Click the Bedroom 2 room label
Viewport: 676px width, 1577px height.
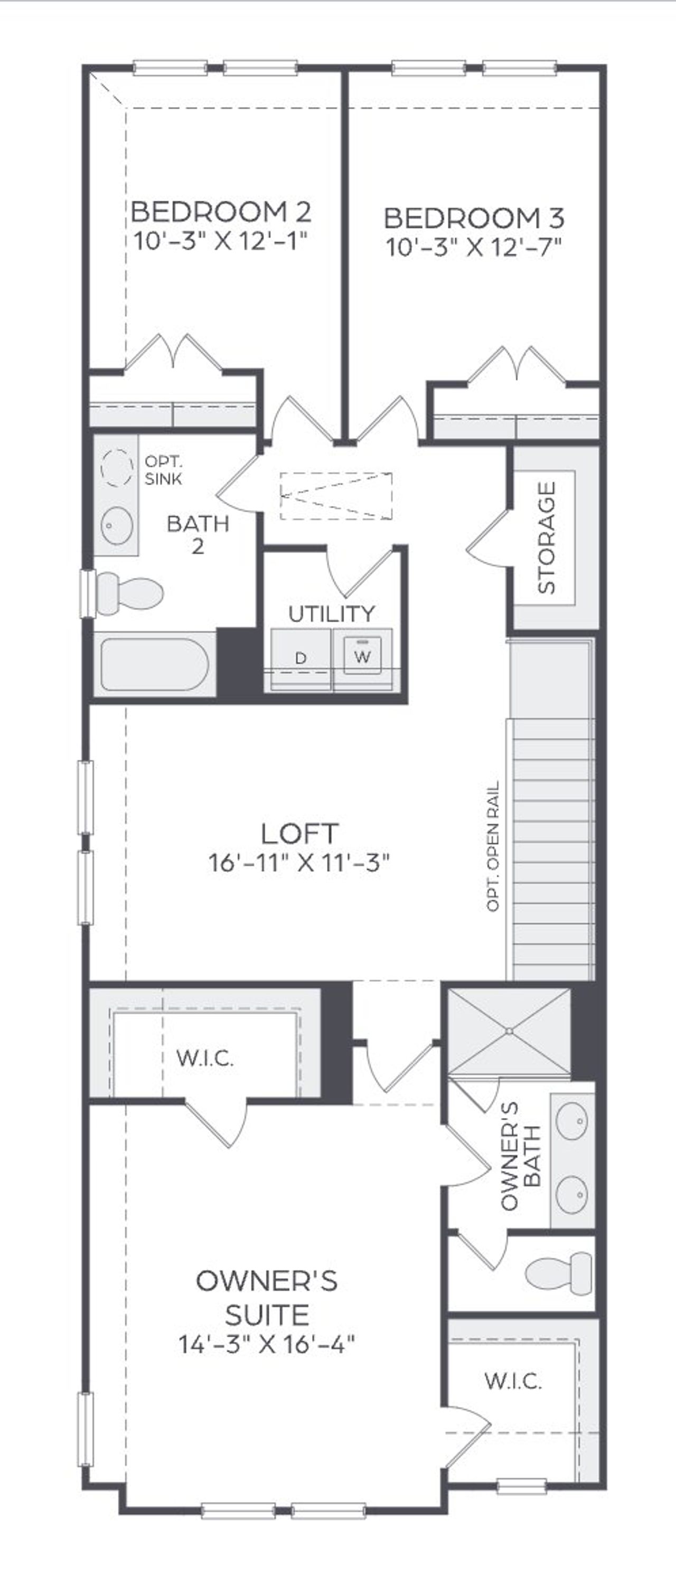point(221,212)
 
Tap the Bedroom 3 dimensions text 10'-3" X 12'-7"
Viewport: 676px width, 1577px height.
point(473,247)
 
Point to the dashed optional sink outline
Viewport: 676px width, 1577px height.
point(116,468)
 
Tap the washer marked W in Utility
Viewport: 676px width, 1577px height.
point(362,657)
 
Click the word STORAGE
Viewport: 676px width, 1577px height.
point(546,537)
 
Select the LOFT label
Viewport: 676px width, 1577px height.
point(299,834)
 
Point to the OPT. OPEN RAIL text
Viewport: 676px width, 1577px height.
point(493,847)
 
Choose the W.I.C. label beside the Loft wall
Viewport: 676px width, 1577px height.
point(204,1058)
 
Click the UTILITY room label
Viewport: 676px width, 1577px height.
point(331,613)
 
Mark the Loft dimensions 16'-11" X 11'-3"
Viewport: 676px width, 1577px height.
point(299,863)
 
